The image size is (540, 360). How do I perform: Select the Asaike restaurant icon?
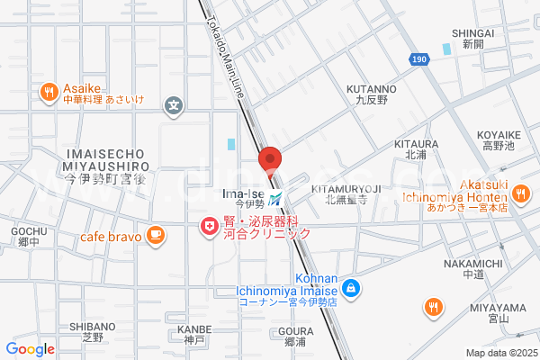(48, 90)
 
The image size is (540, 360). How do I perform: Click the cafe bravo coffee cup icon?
(156, 235)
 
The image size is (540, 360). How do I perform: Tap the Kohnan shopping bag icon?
(352, 290)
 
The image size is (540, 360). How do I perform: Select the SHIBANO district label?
(93, 326)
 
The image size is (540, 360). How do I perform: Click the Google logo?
(30, 349)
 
